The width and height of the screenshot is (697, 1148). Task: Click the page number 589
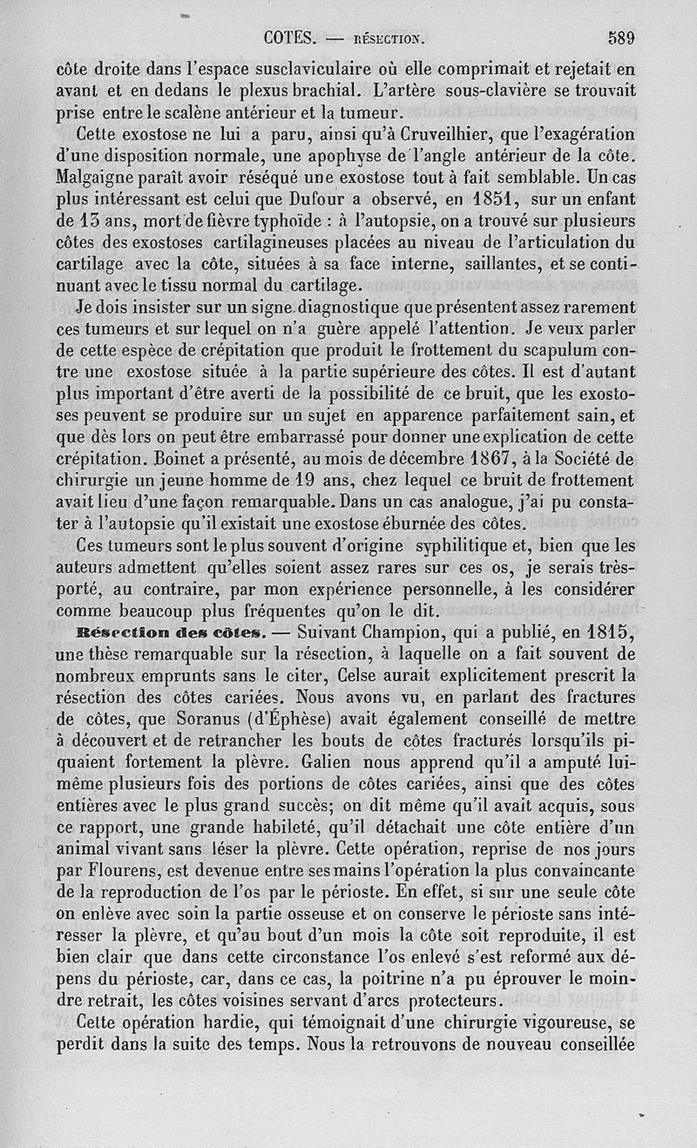tap(621, 37)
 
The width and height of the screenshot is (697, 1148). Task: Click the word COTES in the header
tap(288, 37)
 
